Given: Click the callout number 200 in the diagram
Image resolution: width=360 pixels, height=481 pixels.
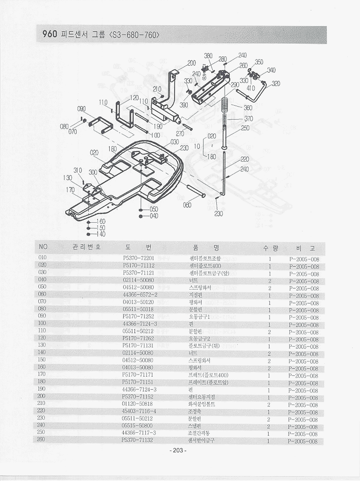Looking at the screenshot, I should click(192, 63).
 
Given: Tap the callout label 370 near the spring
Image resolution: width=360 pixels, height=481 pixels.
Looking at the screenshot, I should click(249, 118).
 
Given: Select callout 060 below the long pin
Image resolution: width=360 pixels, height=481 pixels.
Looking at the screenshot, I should click(188, 205).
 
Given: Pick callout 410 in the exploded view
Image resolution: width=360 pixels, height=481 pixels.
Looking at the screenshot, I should click(251, 88).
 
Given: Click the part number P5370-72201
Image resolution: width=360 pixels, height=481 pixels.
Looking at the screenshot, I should click(139, 258).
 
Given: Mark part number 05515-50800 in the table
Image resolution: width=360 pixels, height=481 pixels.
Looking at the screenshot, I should click(138, 426).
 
